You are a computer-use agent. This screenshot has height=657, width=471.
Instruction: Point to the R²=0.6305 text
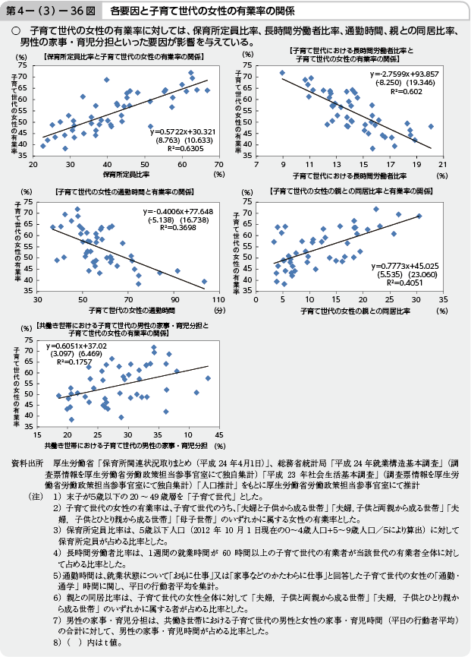(x=175, y=148)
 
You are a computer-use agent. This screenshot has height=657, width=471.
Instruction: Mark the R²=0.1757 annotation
(x=73, y=362)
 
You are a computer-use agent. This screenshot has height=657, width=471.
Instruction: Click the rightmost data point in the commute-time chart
(x=203, y=281)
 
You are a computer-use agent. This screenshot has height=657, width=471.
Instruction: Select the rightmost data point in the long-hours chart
(x=430, y=126)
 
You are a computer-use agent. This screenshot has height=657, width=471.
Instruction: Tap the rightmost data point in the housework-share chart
(x=208, y=377)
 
